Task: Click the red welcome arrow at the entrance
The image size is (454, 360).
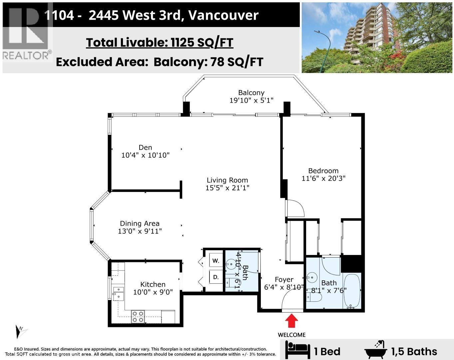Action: pos(292,322)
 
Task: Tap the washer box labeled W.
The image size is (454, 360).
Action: pos(216,261)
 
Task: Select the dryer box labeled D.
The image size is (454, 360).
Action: pos(216,277)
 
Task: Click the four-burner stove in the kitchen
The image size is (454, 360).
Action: pos(138,317)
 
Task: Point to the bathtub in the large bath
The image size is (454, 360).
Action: pos(352,291)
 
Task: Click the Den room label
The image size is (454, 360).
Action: pos(145,147)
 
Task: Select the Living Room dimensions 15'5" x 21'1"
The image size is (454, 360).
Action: pos(227,188)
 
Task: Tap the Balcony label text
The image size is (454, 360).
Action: pos(251,93)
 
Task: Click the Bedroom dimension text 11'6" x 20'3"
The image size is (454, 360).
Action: pos(323,178)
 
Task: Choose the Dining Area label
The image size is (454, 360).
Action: pos(140,223)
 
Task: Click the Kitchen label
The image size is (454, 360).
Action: pos(153,284)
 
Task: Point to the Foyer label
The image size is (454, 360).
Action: pos(284,280)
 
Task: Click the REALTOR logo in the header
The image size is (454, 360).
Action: pos(27,32)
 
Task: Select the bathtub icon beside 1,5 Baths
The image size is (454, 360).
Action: pos(376,350)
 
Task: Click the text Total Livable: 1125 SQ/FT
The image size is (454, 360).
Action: pos(160,43)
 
